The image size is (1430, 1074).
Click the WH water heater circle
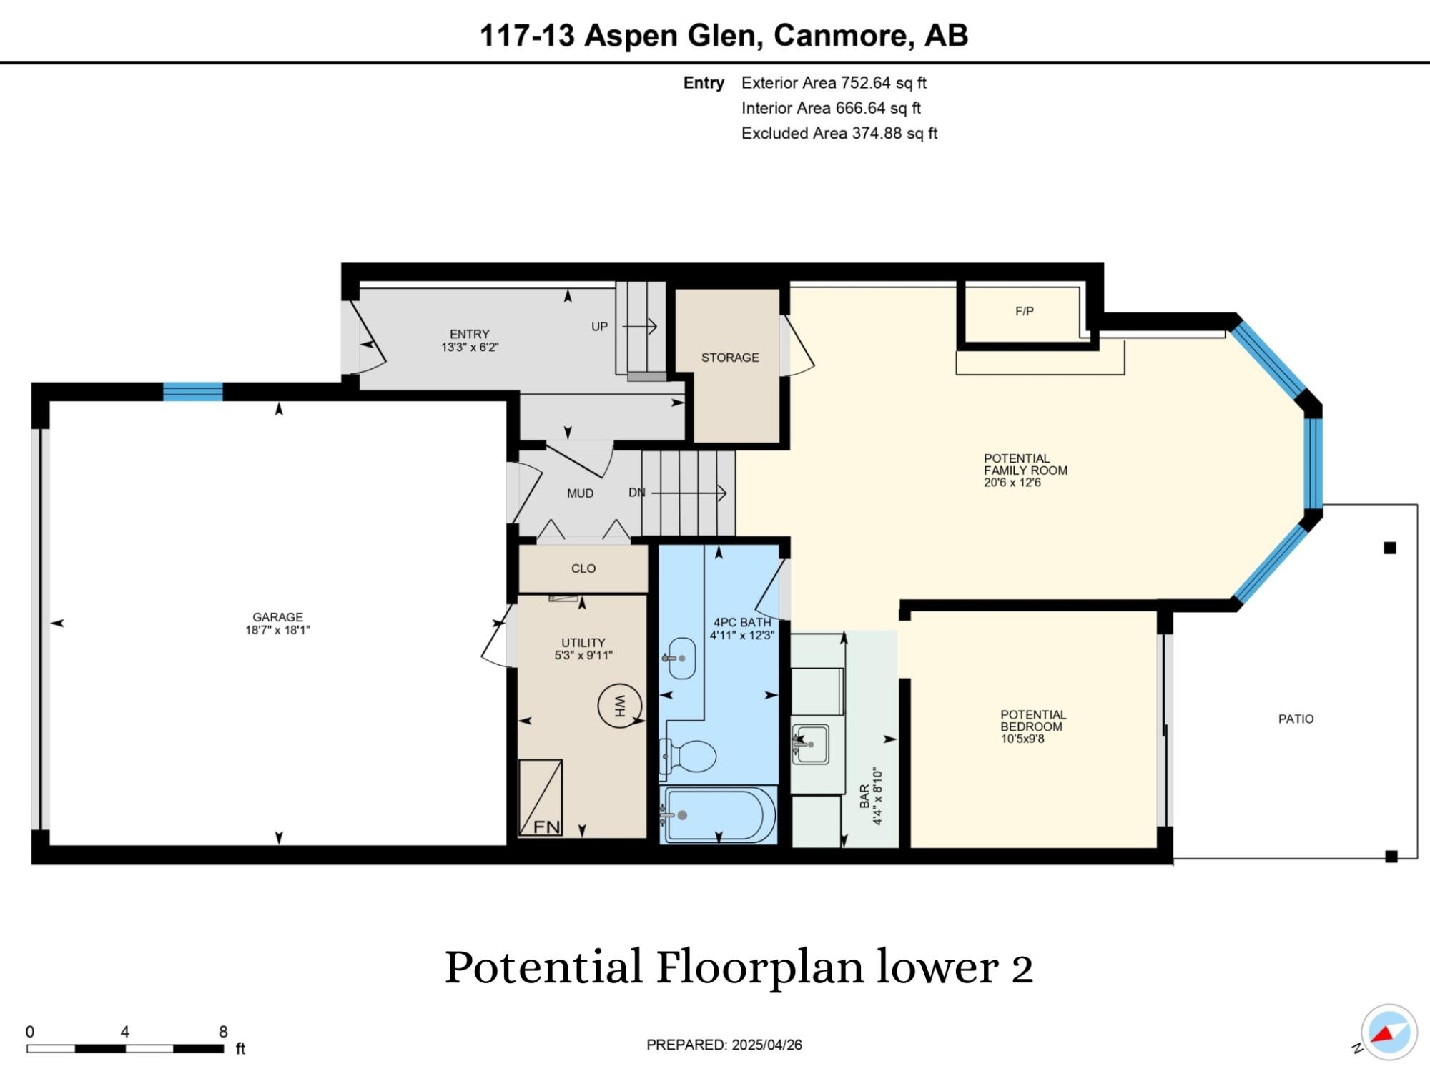tap(620, 706)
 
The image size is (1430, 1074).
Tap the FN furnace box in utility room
tap(541, 797)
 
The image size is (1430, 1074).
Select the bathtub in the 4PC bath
tap(719, 814)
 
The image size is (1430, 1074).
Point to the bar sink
tap(810, 744)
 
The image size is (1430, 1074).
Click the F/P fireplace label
tap(1025, 311)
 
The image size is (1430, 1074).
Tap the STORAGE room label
tap(730, 358)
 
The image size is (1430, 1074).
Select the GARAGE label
tap(277, 617)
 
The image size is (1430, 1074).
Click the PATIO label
tap(1296, 719)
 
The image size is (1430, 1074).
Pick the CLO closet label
tap(583, 568)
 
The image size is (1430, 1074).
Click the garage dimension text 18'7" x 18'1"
tap(277, 630)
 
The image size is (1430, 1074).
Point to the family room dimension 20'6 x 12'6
tap(1012, 483)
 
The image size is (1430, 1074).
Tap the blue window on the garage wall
tap(193, 392)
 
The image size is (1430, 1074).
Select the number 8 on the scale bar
tap(223, 1032)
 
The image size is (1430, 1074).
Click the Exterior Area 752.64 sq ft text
tap(834, 83)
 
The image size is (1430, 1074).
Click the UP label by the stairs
tap(599, 327)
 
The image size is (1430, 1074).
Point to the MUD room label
tap(580, 493)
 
